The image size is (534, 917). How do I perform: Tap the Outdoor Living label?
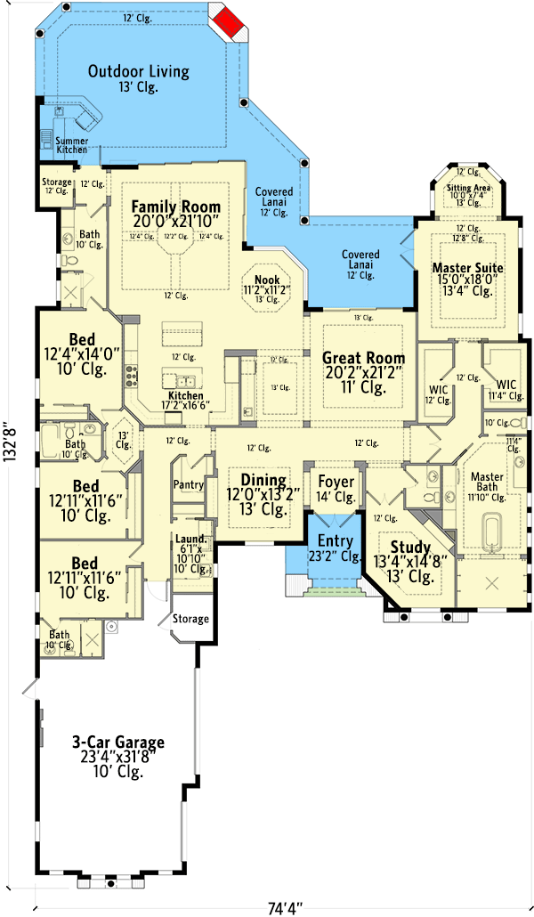138,71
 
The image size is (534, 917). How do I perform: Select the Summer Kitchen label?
72,145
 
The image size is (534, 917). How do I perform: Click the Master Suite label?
467,268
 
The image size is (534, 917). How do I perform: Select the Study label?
411,548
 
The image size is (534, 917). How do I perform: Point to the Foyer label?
336,482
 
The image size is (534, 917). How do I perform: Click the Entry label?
335,542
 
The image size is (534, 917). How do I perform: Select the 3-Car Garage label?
118,742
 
